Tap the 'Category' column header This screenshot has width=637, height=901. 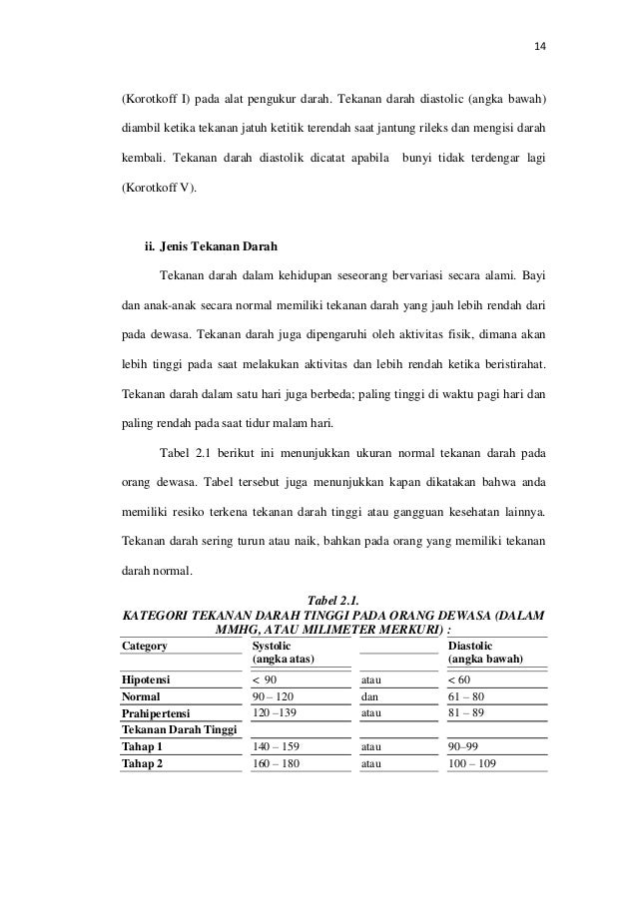point(145,646)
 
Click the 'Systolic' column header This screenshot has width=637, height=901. point(273,646)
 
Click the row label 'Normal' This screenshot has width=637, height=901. point(141,696)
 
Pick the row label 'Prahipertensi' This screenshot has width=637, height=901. point(156,713)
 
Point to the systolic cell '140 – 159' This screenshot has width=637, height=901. point(277,746)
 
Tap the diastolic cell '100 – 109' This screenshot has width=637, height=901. point(474,763)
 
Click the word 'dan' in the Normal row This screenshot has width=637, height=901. point(369,696)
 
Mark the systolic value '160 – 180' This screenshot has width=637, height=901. point(277,763)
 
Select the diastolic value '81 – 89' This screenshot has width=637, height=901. point(466,713)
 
